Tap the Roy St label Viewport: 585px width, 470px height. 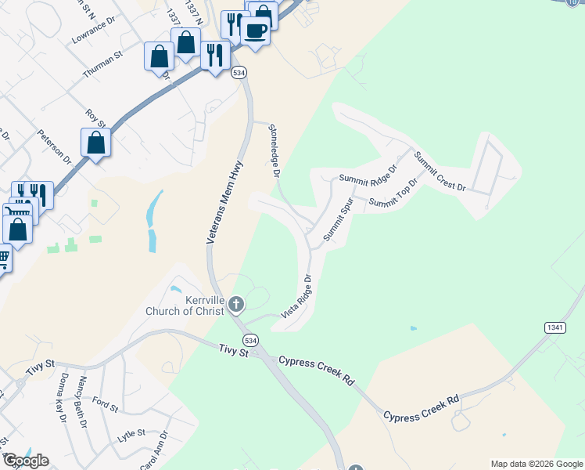(95, 118)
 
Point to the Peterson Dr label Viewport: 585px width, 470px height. (55, 146)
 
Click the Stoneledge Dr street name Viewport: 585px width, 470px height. (274, 151)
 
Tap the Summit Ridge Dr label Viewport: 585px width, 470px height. (368, 173)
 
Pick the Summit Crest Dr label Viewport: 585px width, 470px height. (440, 172)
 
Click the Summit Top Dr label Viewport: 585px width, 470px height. (394, 193)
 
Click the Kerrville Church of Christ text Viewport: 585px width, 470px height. (185, 305)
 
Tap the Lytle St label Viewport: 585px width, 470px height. (131, 432)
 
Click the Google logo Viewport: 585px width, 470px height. (26, 461)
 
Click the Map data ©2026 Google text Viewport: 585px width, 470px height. (536, 464)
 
